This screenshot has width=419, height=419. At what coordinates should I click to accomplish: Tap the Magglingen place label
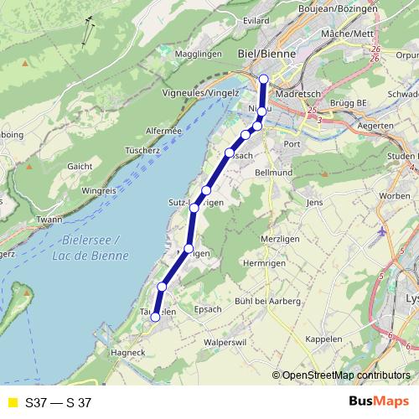click(199, 54)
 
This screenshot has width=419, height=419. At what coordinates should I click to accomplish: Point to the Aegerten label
click(374, 125)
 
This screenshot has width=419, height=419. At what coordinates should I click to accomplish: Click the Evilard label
click(255, 19)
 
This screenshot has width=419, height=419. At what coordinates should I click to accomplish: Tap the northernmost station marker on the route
click(264, 79)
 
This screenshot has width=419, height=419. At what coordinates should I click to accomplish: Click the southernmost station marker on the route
click(155, 317)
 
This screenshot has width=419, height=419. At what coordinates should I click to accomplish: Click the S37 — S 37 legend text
click(58, 403)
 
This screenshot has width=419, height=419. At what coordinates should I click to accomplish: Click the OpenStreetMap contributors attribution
click(345, 376)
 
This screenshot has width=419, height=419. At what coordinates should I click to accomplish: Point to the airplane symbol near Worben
click(383, 230)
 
